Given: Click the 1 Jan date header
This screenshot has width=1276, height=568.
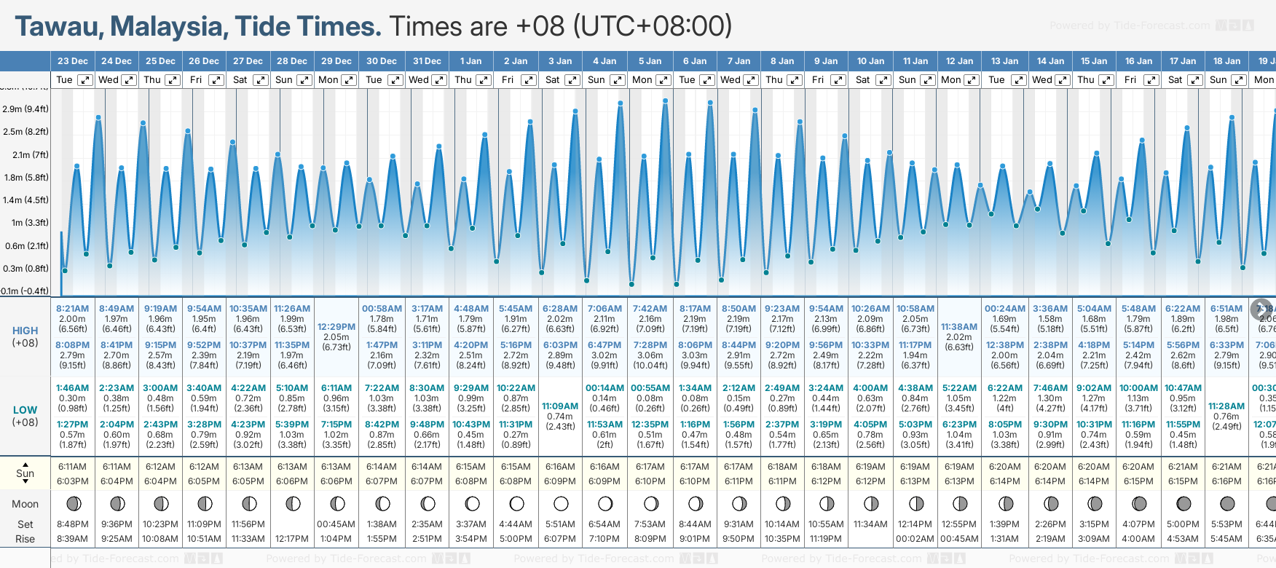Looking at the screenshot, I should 470,61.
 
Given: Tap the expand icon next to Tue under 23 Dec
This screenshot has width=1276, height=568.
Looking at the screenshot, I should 85,80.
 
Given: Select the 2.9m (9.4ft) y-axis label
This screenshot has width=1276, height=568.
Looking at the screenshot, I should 25,109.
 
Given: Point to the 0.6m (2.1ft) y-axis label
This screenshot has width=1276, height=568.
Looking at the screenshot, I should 26,245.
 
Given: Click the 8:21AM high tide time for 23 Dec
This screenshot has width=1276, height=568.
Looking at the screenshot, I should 72,309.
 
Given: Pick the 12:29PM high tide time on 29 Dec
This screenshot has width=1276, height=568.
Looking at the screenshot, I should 336,327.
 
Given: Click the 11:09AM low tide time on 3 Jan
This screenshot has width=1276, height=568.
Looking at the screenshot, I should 560,406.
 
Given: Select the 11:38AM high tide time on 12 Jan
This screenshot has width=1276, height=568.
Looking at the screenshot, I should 959,327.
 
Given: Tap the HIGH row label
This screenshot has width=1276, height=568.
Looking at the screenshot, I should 25,331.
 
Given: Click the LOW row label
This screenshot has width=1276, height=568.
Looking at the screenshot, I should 25,410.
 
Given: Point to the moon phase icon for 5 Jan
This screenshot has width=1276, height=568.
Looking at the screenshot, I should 650,503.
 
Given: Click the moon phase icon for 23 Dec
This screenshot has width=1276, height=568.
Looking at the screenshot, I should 73,503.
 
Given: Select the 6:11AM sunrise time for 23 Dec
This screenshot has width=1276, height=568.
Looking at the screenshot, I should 72,467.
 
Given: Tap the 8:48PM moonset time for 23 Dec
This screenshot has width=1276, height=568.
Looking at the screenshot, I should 72,524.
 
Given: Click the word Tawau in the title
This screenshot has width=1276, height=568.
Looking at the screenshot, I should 58,27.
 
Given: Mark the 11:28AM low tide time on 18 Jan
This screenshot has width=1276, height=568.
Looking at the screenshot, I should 1226,406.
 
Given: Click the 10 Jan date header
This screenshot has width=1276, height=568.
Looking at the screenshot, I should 870,61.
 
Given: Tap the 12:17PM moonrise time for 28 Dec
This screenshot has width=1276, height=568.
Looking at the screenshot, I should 292,539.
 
